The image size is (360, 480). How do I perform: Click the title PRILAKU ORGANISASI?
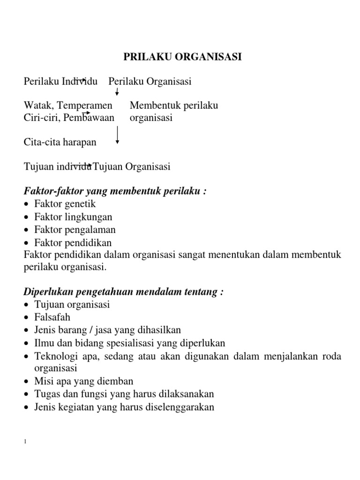pos(182,57)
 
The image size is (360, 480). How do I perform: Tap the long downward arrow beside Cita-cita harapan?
pos(117,135)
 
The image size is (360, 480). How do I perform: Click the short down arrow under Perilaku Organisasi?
pos(117,92)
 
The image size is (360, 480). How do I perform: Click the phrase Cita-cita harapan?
pos(60,142)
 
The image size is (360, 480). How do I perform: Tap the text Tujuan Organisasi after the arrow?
pos(132,166)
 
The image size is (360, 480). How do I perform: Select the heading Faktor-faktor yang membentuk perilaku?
pos(115,191)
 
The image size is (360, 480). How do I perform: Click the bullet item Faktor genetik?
pos(65,204)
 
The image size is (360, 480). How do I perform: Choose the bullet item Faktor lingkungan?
pos(73,217)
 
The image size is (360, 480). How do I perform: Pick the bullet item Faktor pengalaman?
pos(75,230)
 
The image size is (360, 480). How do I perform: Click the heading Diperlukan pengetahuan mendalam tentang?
pos(123,292)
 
